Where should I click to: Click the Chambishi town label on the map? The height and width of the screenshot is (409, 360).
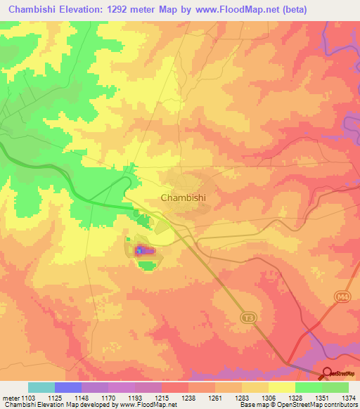click(x=184, y=197)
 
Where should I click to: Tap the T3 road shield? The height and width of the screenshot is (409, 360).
click(x=247, y=318)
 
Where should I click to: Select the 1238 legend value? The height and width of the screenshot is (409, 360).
click(x=188, y=398)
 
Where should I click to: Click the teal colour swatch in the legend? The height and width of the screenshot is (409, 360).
click(x=41, y=387)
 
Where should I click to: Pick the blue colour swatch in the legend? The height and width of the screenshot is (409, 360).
click(x=68, y=387)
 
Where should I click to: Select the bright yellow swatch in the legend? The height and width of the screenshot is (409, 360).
click(x=281, y=387)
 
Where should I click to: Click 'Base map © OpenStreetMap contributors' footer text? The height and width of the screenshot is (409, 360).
click(x=297, y=405)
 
